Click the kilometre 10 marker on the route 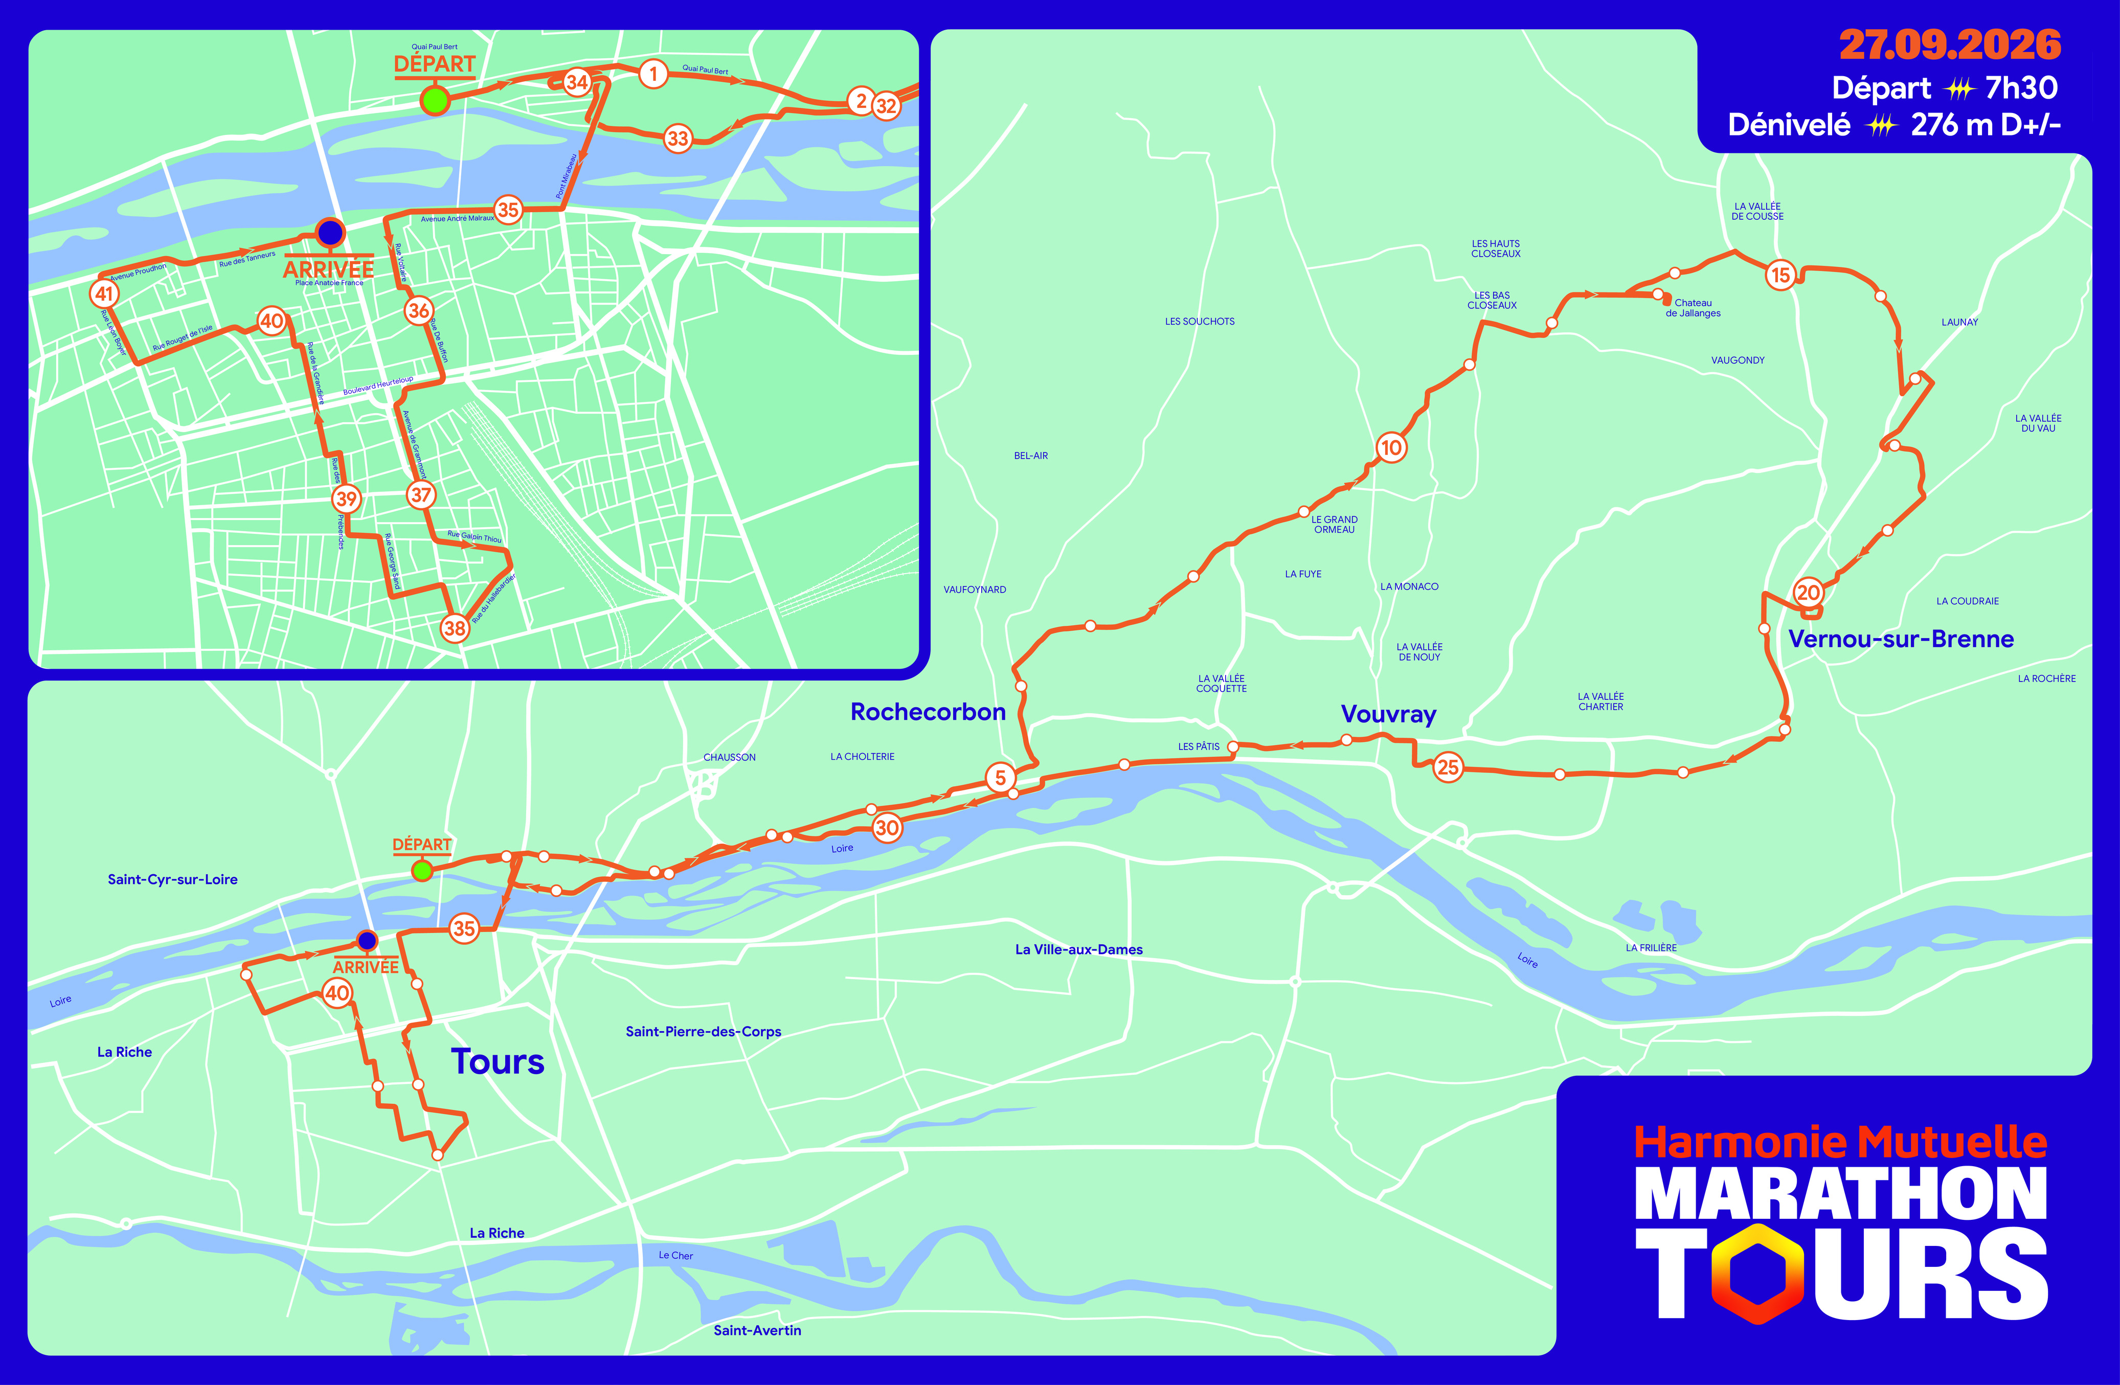[1391, 447]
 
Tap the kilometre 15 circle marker [1780, 275]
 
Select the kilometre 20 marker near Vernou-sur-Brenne [1808, 593]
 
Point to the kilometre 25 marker [1448, 767]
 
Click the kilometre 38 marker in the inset [454, 628]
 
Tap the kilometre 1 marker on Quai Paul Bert [653, 73]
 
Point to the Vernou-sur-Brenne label [1901, 639]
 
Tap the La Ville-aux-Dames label [1079, 949]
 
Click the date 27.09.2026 [1949, 44]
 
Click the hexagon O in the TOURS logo [1758, 1274]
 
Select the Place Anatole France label [329, 283]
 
